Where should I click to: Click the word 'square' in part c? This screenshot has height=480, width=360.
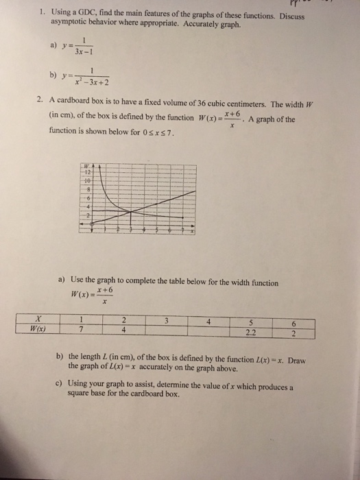77,396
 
